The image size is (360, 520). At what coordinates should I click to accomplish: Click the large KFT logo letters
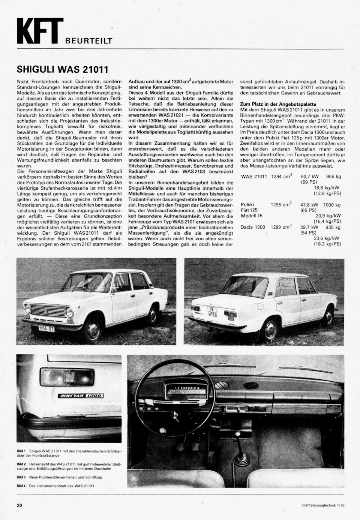tap(39, 31)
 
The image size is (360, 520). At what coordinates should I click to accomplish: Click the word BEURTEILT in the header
tap(88, 41)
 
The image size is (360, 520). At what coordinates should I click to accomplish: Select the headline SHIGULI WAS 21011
tap(63, 69)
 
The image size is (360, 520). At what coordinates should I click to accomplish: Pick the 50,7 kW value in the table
tap(309, 176)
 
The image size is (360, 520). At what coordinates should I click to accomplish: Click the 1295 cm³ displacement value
tap(281, 205)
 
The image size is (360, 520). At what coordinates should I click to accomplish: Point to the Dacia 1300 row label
tap(253, 227)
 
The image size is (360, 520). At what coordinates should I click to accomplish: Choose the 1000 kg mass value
tap(332, 205)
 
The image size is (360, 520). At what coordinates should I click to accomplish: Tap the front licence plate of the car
tap(46, 328)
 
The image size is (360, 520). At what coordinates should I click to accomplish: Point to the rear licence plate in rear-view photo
tap(212, 311)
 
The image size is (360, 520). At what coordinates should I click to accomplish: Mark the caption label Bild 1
tap(21, 450)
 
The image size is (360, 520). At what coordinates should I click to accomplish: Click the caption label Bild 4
tap(21, 486)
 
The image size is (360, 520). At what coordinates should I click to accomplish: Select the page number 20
tap(19, 505)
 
